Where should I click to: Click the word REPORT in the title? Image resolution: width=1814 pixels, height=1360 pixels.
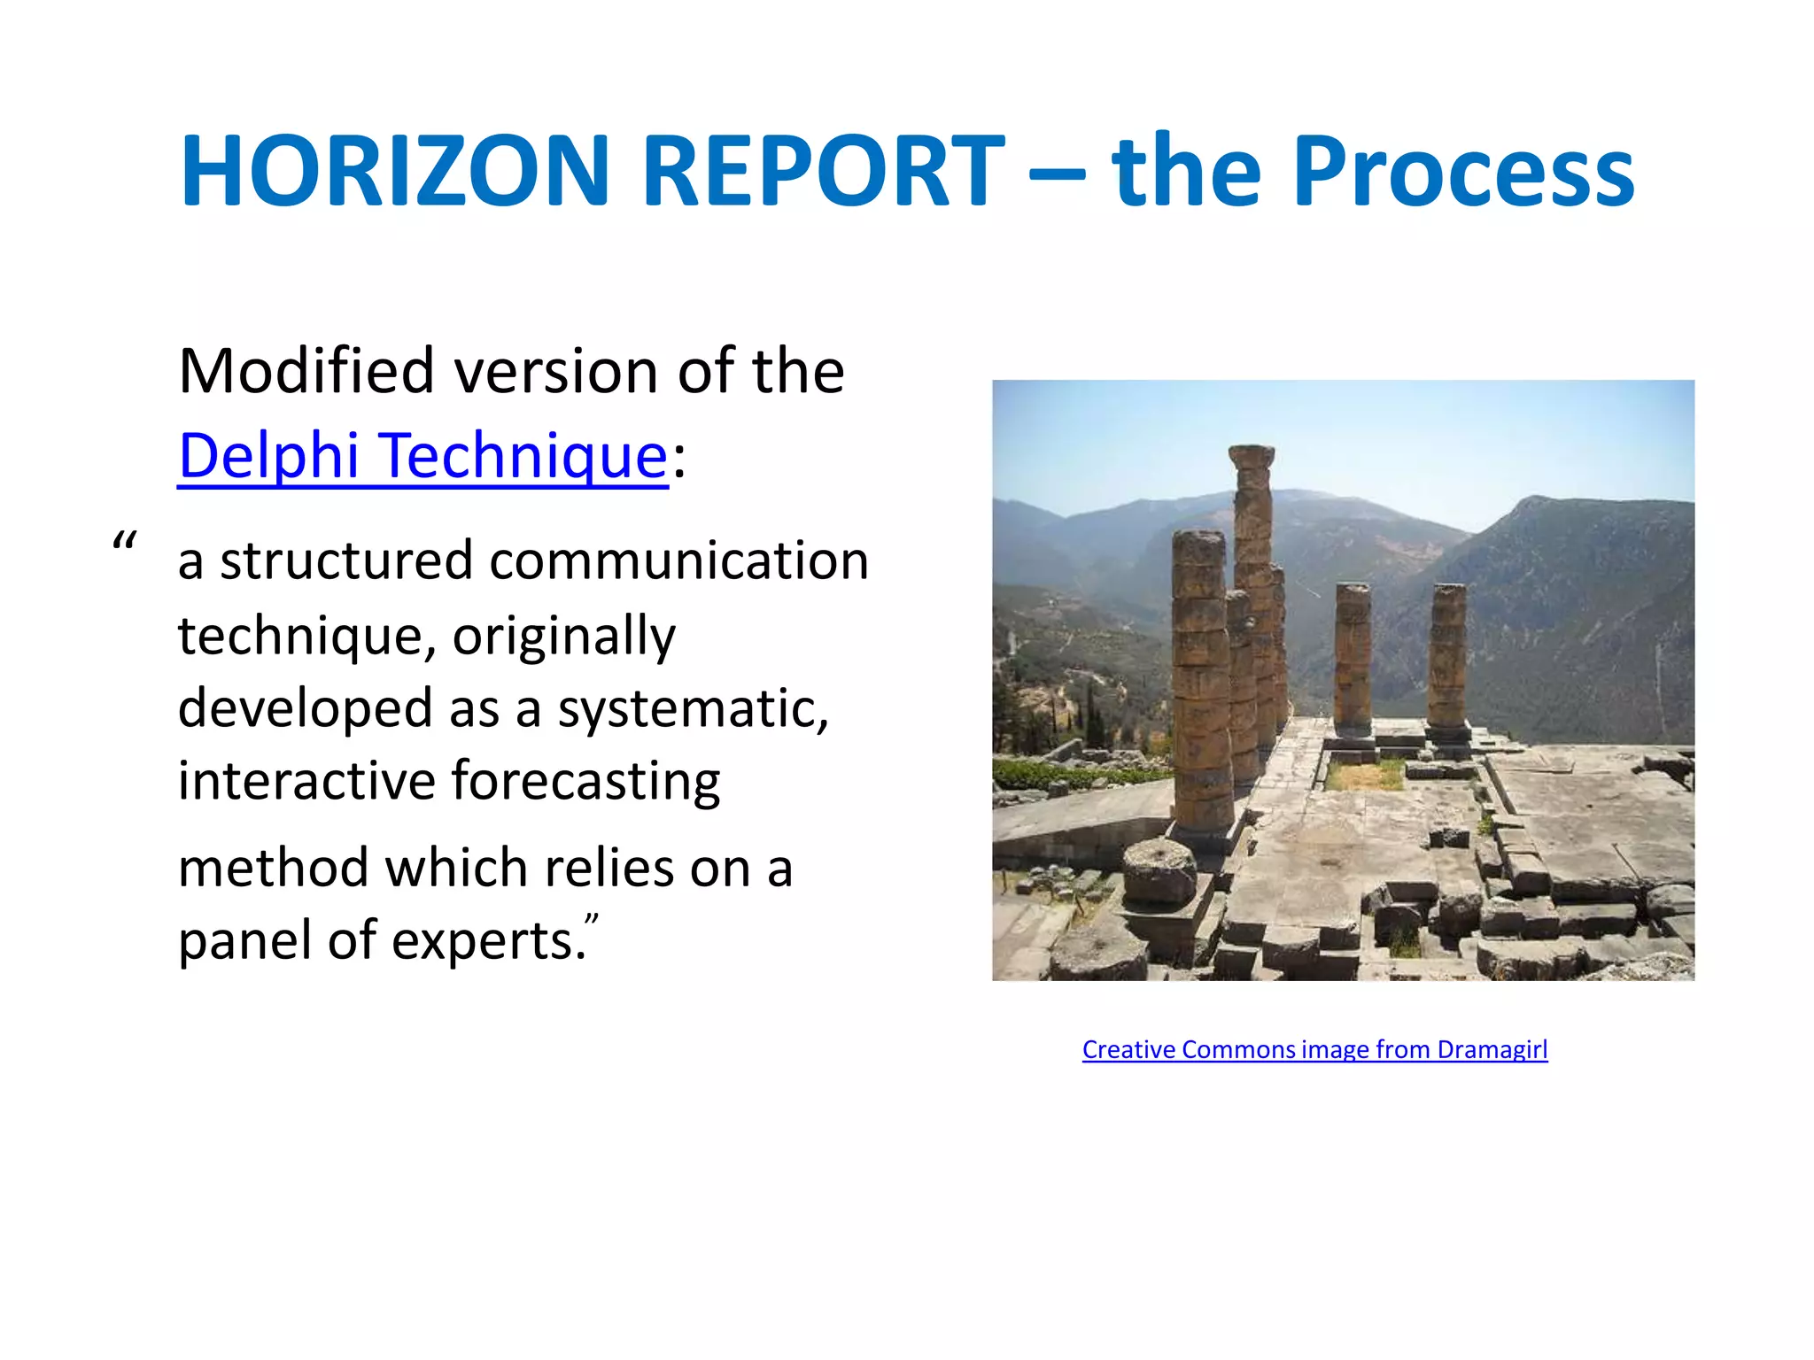(824, 170)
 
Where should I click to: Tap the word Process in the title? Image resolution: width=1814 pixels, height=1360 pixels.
(1463, 172)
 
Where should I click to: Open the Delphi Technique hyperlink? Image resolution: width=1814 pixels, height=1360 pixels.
(423, 456)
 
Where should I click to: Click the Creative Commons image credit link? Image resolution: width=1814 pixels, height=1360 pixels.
(1314, 1049)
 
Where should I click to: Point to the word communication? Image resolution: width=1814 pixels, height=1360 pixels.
(678, 561)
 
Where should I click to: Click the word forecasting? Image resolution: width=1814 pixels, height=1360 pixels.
(585, 782)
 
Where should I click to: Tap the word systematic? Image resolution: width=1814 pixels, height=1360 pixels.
(693, 709)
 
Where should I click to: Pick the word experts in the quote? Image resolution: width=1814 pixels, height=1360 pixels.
(488, 941)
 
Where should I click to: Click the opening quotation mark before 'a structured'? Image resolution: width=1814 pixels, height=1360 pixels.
(125, 541)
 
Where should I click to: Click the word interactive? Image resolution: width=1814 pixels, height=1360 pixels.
(306, 782)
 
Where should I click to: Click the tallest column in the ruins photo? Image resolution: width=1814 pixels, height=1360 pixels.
(1252, 584)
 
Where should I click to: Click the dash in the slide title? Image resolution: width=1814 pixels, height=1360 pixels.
(1058, 170)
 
